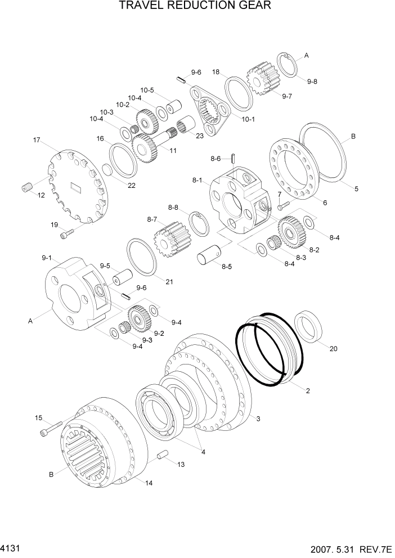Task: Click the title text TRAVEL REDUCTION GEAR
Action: pos(195,6)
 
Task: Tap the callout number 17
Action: pos(37,140)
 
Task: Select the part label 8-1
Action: pos(197,181)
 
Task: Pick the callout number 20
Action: pos(333,349)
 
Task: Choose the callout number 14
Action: pos(149,483)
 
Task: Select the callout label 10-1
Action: pos(248,119)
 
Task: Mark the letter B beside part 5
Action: pos(353,136)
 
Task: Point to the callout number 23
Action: pos(199,135)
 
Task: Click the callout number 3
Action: pos(258,418)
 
